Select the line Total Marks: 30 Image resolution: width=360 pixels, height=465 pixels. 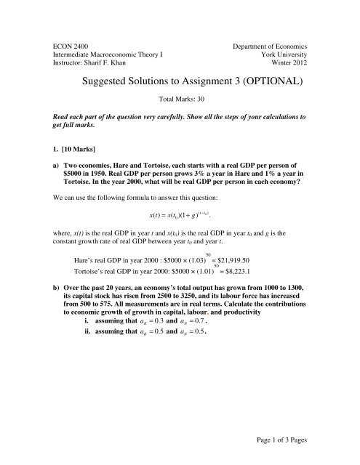(x=180, y=98)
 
